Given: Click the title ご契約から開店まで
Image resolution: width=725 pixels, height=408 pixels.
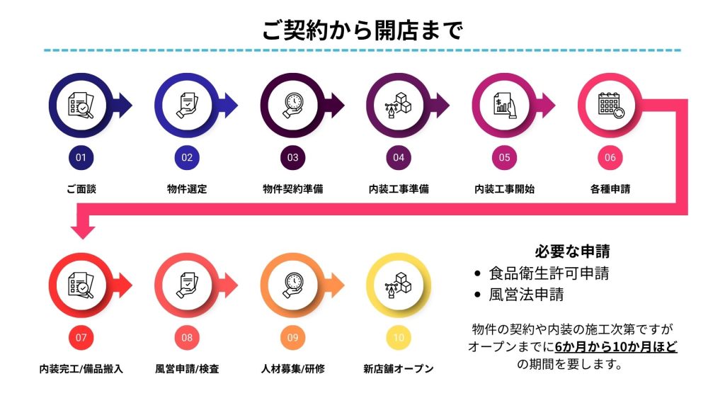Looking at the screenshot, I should pyautogui.click(x=362, y=30).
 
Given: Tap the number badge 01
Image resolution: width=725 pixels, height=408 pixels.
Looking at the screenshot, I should pyautogui.click(x=81, y=157).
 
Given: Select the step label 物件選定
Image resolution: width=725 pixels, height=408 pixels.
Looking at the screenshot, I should pyautogui.click(x=187, y=189).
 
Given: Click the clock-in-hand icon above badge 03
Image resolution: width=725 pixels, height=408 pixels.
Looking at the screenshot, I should pyautogui.click(x=292, y=106).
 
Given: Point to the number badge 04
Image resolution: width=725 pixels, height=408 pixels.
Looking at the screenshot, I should pyautogui.click(x=399, y=157).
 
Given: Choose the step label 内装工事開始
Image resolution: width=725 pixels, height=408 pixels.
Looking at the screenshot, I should pyautogui.click(x=504, y=189).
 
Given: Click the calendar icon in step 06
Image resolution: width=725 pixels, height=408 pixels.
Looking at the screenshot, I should pyautogui.click(x=610, y=106).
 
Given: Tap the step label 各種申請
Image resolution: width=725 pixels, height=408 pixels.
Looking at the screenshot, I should pyautogui.click(x=610, y=189).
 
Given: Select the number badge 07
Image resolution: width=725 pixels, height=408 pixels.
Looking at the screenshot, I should pyautogui.click(x=81, y=337).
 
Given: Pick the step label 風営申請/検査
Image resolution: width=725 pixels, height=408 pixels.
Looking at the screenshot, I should pyautogui.click(x=187, y=369).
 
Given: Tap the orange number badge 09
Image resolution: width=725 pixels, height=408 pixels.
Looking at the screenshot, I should pyautogui.click(x=292, y=337).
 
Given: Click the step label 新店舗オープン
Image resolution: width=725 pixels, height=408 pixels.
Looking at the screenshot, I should pyautogui.click(x=399, y=369).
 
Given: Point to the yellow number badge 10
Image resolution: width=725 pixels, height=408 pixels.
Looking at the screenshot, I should pyautogui.click(x=399, y=337).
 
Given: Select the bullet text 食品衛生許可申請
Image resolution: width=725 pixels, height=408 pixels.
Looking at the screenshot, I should pyautogui.click(x=549, y=273).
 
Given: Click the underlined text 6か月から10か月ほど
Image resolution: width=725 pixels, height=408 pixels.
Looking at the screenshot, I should pyautogui.click(x=616, y=347).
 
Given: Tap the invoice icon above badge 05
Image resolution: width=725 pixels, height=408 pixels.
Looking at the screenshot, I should pyautogui.click(x=504, y=106).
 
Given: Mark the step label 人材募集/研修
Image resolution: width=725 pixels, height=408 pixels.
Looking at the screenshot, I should pyautogui.click(x=292, y=369).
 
